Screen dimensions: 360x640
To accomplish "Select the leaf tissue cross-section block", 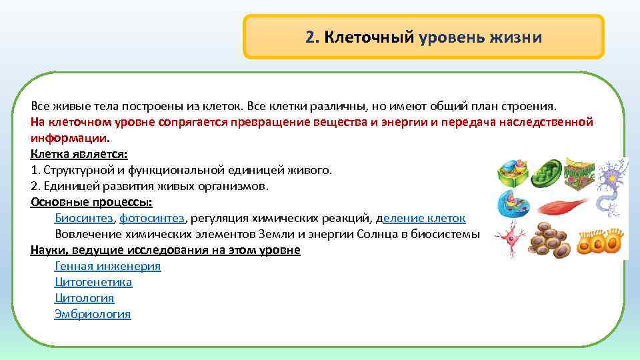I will (x=580, y=173).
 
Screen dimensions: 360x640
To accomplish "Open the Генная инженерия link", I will (x=107, y=266).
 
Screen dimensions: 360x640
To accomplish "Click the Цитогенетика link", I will (x=93, y=282).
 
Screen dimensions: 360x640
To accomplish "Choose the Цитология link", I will (x=84, y=298).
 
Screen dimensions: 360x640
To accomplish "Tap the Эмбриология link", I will (x=92, y=314).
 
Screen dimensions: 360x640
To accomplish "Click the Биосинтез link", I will (x=84, y=218).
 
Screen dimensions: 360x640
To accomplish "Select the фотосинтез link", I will (x=152, y=218).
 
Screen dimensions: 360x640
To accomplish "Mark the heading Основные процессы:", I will (x=91, y=202).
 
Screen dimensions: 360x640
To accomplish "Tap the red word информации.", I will (x=69, y=139).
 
